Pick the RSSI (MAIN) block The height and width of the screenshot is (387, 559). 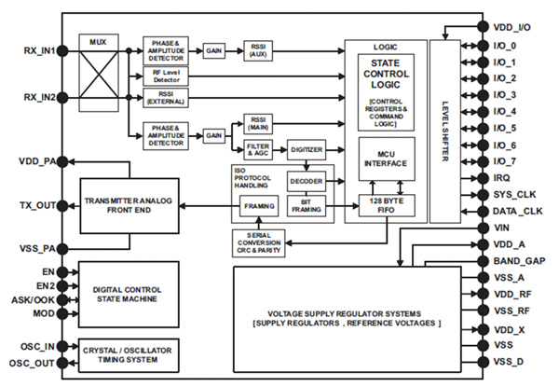coord(257,124)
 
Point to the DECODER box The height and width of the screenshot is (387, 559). coord(306,181)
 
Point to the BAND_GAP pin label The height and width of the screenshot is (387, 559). coord(522,262)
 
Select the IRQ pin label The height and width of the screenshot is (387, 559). coord(503,178)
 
